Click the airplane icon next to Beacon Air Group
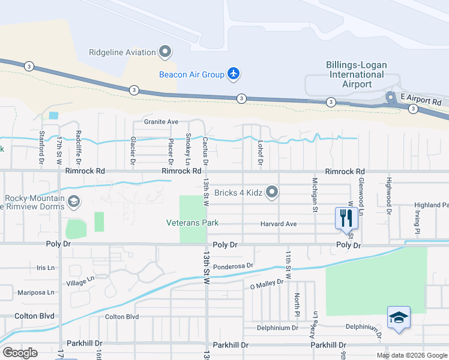(234, 74)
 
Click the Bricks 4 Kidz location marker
(273, 192)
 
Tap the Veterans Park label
(192, 223)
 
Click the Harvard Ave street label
(279, 224)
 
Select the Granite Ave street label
(161, 122)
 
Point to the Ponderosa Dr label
(234, 265)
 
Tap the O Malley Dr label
(266, 286)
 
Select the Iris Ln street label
(45, 268)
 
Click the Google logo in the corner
(20, 353)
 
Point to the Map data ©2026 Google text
(411, 355)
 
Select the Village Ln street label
(80, 281)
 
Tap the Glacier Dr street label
(133, 152)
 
